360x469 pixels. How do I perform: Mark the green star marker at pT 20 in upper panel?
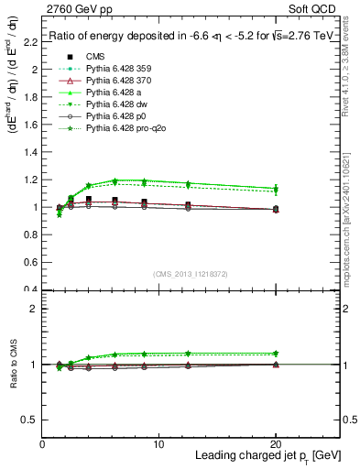[276, 189]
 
